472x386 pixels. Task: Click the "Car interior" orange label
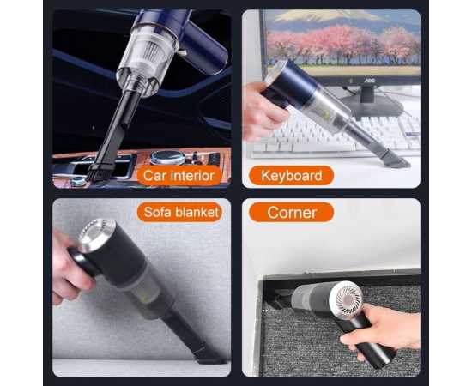(181, 176)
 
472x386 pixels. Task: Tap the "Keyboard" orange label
(291, 176)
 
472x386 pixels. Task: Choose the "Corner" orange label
(291, 212)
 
